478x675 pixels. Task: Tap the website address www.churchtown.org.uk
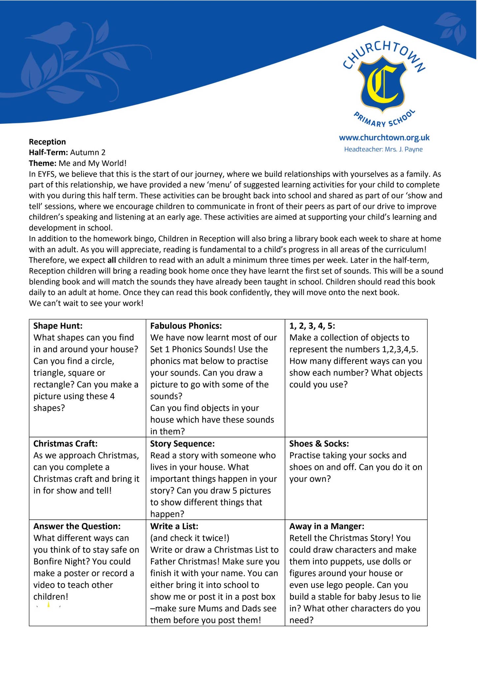(384, 138)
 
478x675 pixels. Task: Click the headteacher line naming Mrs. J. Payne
(383, 149)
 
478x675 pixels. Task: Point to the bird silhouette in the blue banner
(53, 33)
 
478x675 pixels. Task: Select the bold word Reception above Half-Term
(47, 142)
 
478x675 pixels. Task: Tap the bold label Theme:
(43, 163)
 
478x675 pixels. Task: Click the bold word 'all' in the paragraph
(112, 260)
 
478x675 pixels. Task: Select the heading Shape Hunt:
(58, 326)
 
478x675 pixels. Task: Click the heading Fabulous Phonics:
(186, 326)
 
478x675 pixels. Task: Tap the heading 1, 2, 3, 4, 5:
(312, 326)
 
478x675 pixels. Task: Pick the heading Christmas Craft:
(65, 444)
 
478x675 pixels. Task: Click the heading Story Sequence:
(182, 444)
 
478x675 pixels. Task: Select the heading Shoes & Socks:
(319, 444)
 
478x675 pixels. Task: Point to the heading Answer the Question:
(77, 526)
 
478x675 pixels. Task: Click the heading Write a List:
(174, 526)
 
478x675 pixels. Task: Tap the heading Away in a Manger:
(327, 526)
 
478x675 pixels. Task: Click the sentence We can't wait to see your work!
(86, 303)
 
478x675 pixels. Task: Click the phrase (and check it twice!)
(189, 538)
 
